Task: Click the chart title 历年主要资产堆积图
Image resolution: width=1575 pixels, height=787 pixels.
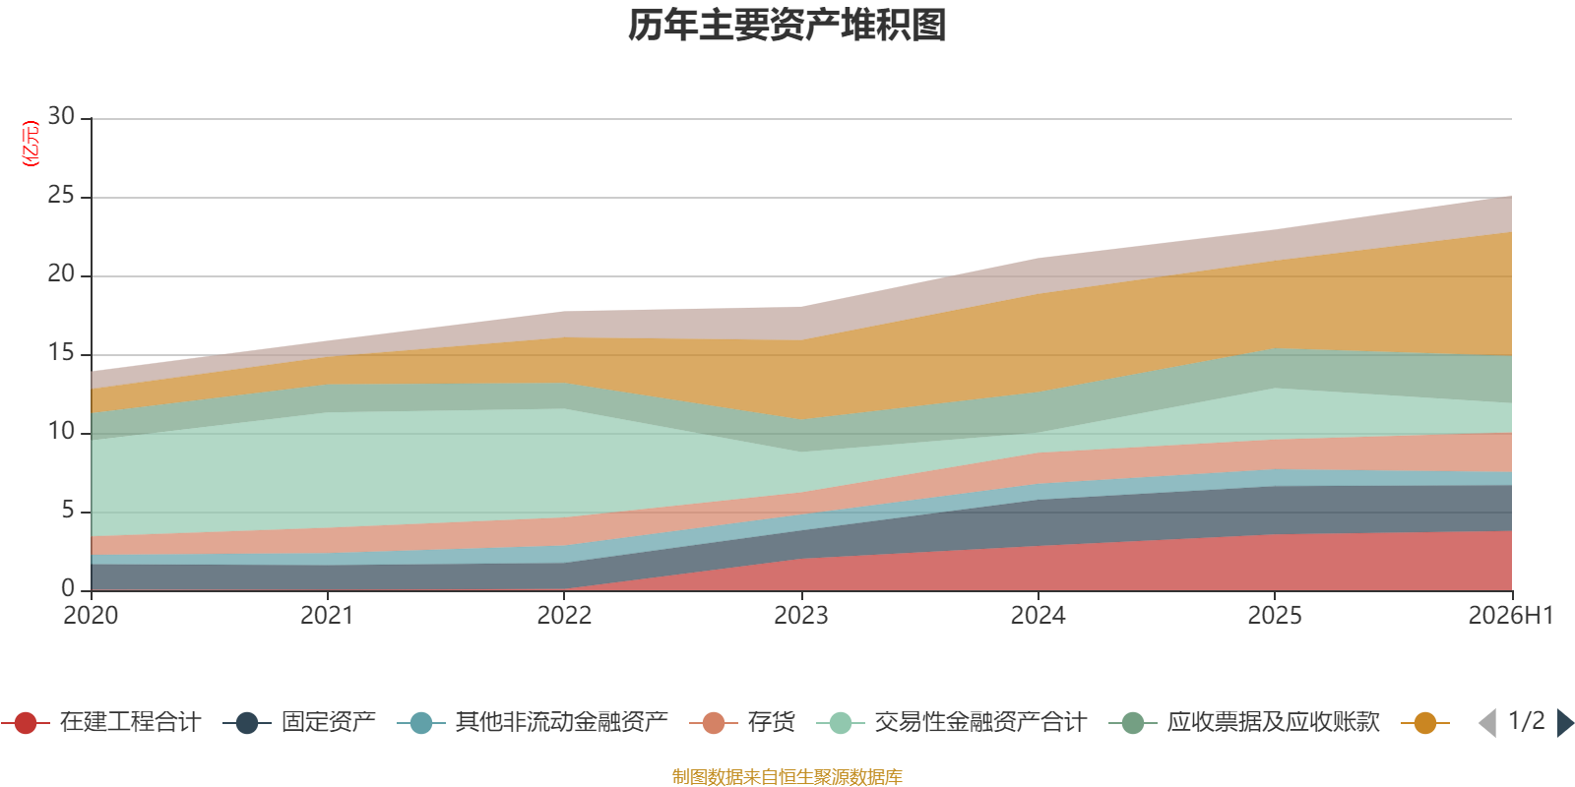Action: point(787,26)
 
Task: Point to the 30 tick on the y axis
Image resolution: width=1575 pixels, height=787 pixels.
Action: point(61,116)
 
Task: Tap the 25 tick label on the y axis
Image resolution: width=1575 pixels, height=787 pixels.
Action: point(61,195)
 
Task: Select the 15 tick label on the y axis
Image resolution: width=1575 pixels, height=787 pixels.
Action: point(61,352)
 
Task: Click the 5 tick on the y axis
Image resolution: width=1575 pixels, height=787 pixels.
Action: point(68,510)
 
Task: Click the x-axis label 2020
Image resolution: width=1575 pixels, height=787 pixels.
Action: point(91,616)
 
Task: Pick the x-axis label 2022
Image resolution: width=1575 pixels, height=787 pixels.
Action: point(564,616)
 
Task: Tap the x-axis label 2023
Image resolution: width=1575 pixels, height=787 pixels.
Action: point(801,616)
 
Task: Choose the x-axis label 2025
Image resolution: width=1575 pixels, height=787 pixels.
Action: point(1275,616)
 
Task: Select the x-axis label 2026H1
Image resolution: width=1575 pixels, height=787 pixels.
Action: point(1511,616)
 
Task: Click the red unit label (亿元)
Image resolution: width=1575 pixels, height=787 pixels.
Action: point(31,144)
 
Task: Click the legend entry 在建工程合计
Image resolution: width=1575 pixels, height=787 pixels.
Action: point(101,722)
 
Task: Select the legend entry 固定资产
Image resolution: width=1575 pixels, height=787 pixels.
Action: point(299,722)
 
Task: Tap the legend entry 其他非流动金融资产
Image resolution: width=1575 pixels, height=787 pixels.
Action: point(533,722)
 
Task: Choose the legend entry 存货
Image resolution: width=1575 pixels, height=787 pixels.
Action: point(742,722)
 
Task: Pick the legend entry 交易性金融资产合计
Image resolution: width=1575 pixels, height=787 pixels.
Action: point(952,722)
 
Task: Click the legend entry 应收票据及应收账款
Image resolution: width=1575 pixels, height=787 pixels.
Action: point(1244,722)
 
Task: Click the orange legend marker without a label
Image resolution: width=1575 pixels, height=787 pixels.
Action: point(1425,723)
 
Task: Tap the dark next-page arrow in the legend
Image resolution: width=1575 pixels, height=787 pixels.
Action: point(1564,722)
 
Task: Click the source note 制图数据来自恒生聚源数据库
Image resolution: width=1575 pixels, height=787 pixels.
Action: point(787,776)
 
